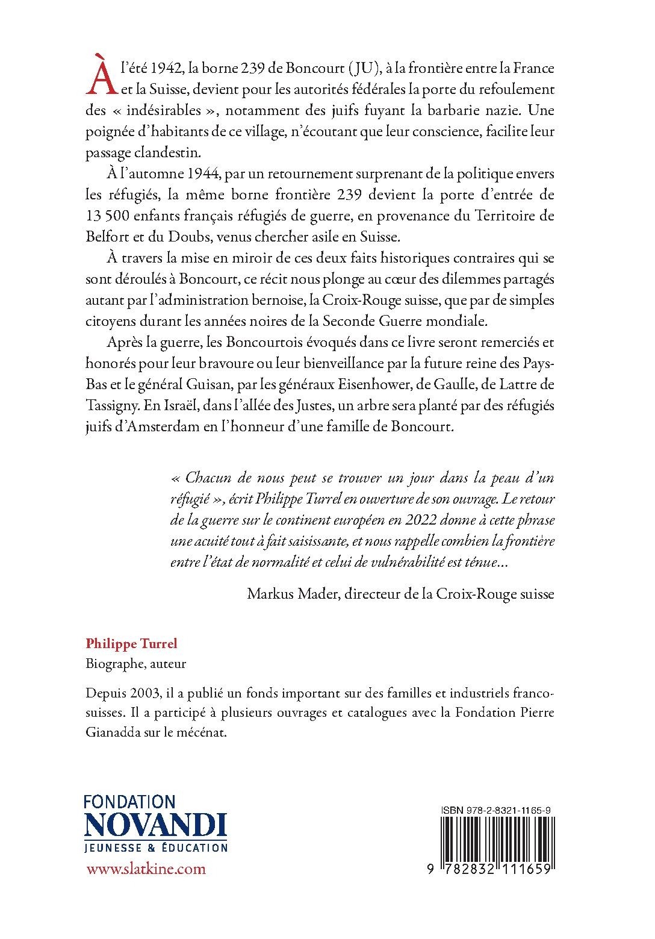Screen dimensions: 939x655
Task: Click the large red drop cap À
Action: [x=101, y=79]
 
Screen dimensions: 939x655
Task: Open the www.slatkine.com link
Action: [x=146, y=869]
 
